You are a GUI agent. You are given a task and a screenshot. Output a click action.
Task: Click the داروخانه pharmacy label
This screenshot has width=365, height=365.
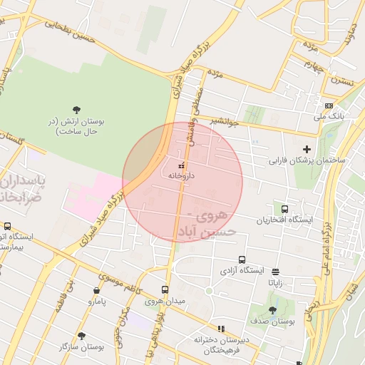(x=181, y=175)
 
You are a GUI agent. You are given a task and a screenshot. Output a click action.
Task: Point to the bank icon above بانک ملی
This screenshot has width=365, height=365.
(x=329, y=105)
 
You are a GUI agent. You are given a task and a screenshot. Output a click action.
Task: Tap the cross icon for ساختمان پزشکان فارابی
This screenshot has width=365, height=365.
(x=307, y=149)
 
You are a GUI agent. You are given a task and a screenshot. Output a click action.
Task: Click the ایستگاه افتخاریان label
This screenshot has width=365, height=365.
(x=285, y=220)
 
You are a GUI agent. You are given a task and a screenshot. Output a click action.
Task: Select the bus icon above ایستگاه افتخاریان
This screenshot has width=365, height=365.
(x=285, y=209)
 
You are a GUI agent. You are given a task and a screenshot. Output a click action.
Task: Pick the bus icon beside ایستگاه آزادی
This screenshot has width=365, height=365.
(x=242, y=260)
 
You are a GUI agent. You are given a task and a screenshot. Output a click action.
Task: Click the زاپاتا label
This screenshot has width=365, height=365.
(x=275, y=282)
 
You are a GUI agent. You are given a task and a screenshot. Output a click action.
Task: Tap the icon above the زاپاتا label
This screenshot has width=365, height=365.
(x=276, y=272)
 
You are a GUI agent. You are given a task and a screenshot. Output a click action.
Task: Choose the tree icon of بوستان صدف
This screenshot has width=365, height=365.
(x=272, y=310)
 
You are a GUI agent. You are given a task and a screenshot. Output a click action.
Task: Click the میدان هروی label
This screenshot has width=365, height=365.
(x=165, y=301)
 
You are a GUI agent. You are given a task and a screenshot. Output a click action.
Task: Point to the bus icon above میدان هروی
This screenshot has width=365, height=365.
(x=165, y=290)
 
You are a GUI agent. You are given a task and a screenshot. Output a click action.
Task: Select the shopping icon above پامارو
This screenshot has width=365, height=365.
(x=96, y=291)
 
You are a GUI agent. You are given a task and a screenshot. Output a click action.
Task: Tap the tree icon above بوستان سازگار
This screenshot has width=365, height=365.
(x=81, y=335)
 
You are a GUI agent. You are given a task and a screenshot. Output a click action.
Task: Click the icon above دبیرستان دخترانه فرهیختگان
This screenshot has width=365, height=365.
(x=220, y=329)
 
